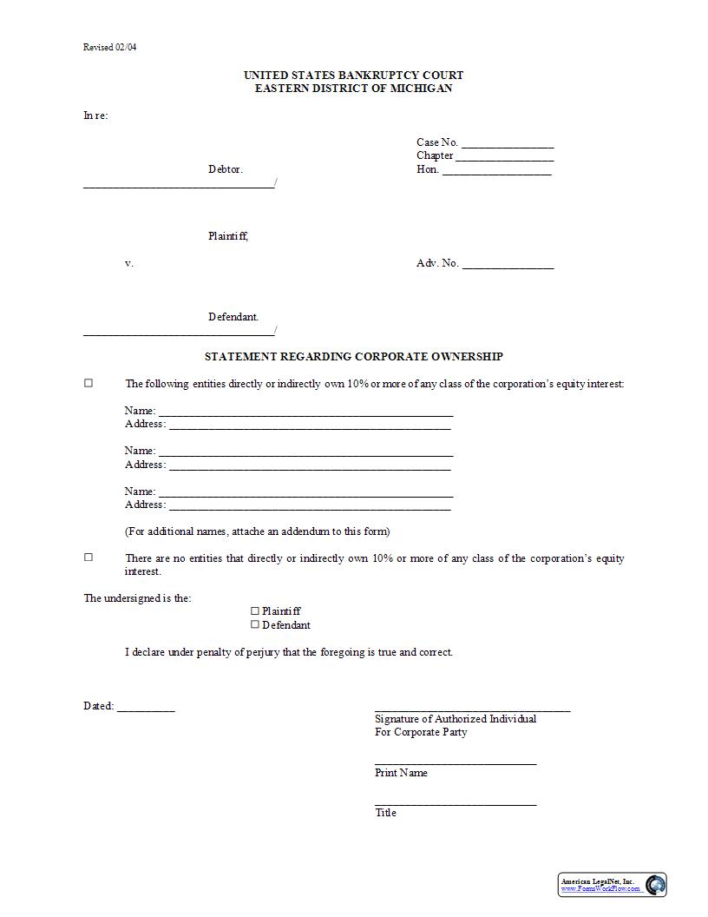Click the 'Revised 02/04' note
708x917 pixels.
109,47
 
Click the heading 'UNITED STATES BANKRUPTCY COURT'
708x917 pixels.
353,75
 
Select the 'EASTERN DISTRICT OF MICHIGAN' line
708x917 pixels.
353,89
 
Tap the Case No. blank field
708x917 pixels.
508,144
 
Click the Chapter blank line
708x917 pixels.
504,158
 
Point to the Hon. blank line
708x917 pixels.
496,172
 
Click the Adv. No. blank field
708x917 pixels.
508,266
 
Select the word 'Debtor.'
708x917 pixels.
226,169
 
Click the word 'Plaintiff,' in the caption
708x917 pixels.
228,236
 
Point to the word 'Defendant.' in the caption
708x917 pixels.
233,317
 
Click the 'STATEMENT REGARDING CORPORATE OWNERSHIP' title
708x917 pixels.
353,356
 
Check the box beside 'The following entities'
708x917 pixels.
88,383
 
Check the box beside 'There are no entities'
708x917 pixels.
88,557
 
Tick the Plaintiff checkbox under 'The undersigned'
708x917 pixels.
255,610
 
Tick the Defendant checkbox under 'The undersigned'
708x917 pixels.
255,624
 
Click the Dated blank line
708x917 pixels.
146,709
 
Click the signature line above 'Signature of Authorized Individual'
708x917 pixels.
472,709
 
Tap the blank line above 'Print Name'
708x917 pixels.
456,762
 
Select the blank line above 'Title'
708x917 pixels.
456,803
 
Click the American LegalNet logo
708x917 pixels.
612,884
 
